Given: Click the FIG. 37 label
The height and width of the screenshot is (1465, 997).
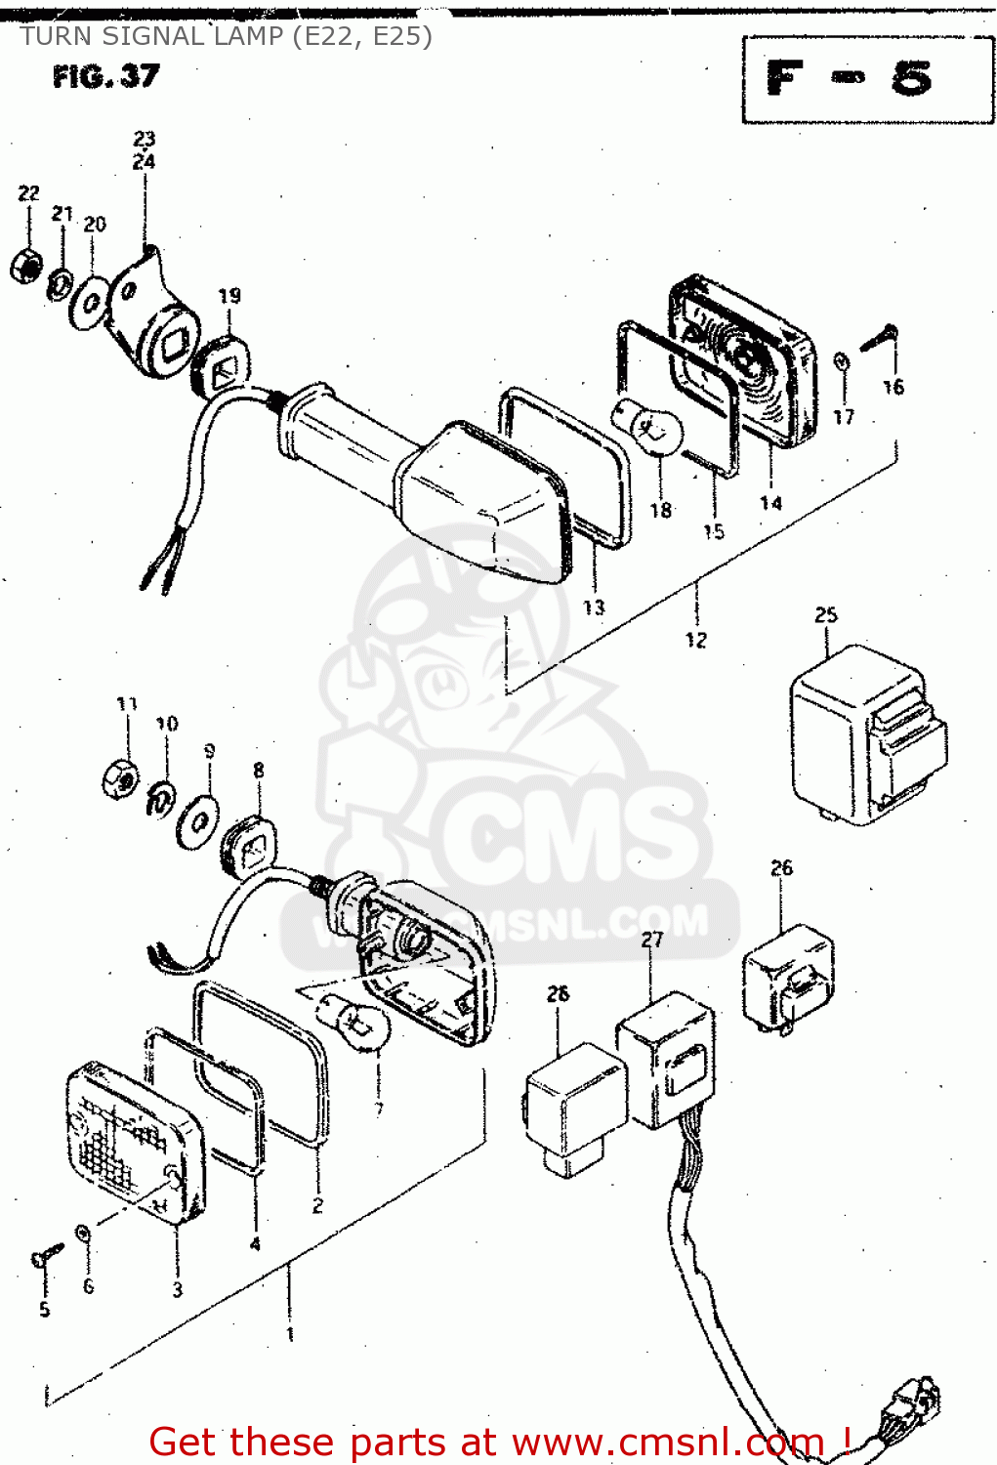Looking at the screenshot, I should point(105,76).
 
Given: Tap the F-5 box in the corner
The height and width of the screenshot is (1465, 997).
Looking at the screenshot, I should point(867,79).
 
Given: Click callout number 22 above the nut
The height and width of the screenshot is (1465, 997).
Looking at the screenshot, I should point(29,193).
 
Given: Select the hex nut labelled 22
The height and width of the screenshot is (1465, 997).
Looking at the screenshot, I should point(25,264).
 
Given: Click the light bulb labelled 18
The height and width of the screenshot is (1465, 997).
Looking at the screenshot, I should point(646,428).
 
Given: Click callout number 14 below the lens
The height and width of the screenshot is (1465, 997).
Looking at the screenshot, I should point(770,503).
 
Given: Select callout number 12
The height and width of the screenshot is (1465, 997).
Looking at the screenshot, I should point(695,640).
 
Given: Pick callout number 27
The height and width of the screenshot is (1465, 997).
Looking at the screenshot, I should point(652,940).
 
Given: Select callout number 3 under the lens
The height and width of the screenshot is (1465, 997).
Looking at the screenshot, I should point(178,1289).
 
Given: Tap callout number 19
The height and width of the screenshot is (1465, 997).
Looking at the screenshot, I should point(228,295).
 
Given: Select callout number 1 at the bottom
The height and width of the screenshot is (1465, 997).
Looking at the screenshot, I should point(290,1333).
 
